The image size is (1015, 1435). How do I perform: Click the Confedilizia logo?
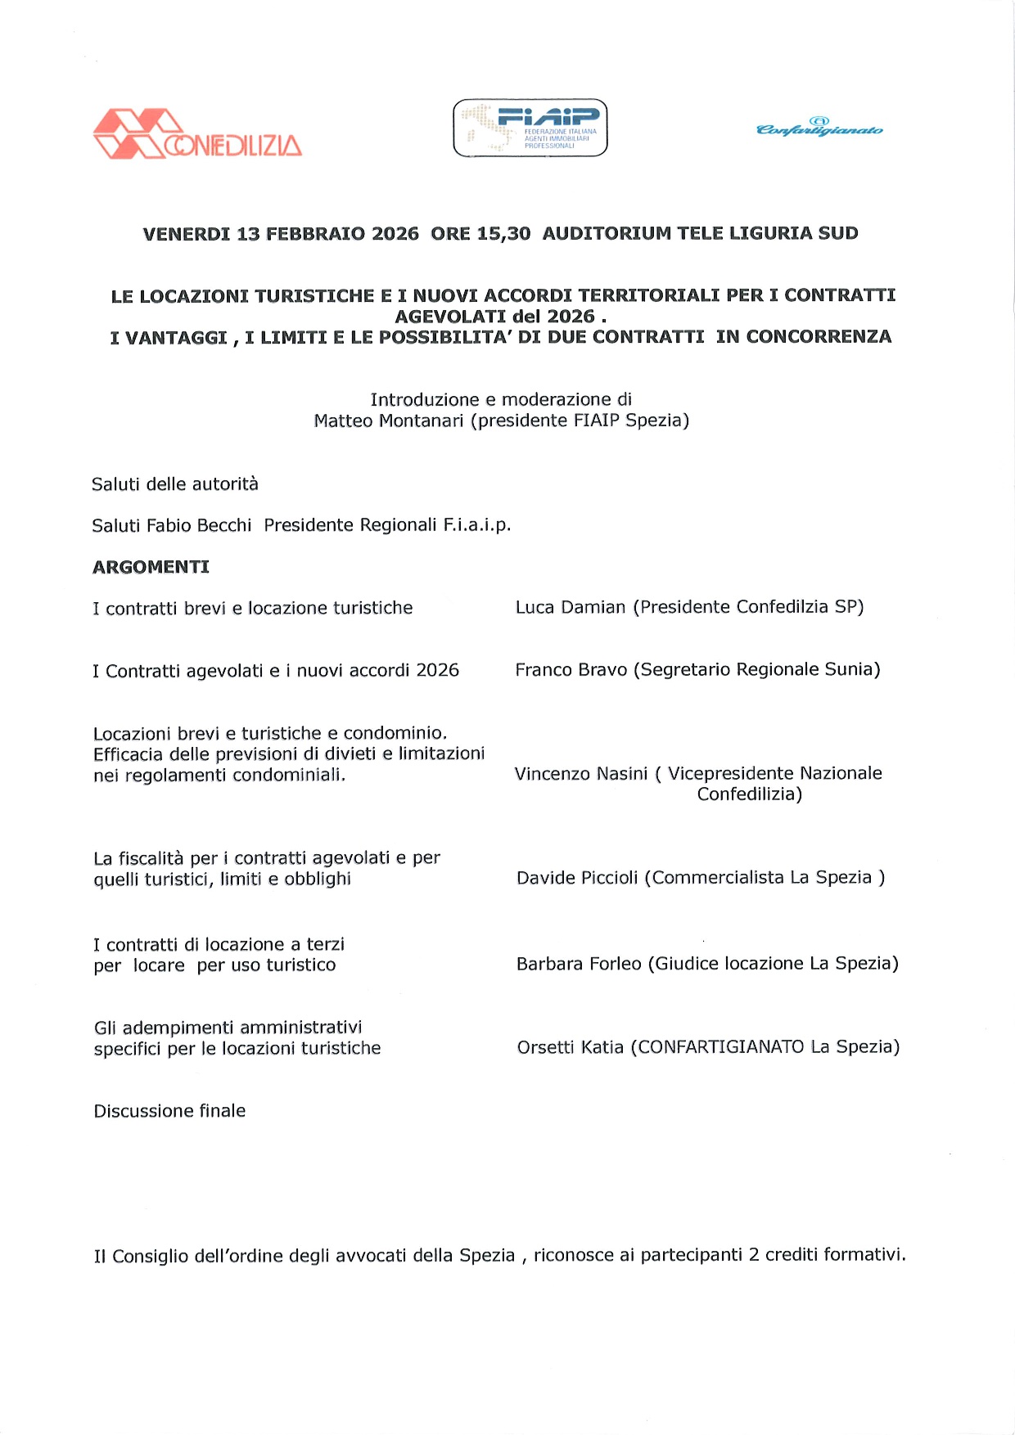coord(197,134)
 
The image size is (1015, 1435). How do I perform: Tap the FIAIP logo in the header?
coord(530,128)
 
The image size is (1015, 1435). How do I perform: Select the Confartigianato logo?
coord(819,128)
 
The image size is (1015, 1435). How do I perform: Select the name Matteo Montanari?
coord(389,421)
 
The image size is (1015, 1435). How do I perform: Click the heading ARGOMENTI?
coord(151,567)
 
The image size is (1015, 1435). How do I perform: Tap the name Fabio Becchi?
coord(199,525)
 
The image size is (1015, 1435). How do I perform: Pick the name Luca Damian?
coord(571,607)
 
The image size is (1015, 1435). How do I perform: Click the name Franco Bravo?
coord(571,670)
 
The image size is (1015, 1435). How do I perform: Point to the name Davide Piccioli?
coord(577,878)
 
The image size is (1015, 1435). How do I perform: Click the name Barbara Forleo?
coord(579,964)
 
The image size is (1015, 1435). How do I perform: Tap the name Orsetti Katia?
coord(570,1047)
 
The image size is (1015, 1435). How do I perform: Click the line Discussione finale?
coord(169,1111)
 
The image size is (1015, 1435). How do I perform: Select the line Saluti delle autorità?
coord(174,484)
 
